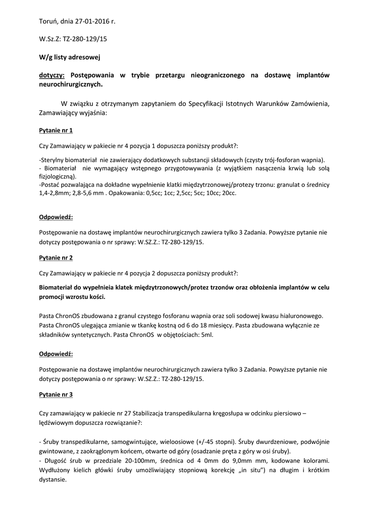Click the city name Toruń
point(49,22)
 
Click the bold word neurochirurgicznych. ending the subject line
point(70,85)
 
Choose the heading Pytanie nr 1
point(56,131)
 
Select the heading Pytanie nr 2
point(56,257)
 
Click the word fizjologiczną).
point(58,177)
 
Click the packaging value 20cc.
point(229,193)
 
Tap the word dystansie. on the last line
point(53,480)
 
